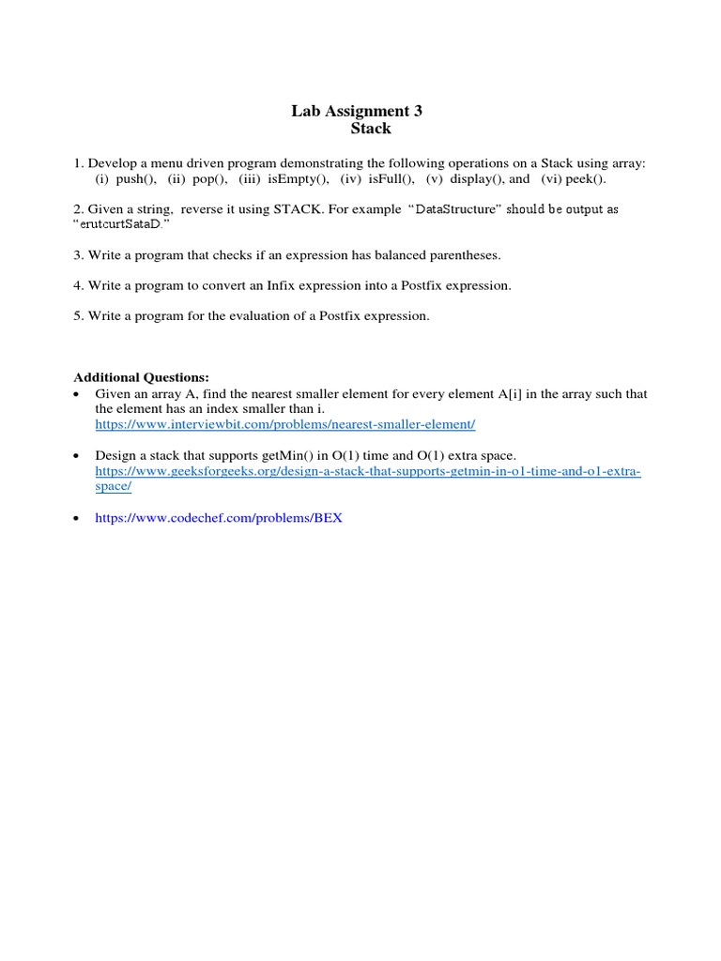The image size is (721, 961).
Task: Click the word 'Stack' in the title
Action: click(371, 129)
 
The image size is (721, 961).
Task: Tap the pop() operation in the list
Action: click(208, 178)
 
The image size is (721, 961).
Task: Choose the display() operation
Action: click(476, 178)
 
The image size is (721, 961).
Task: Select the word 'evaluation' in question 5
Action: click(253, 316)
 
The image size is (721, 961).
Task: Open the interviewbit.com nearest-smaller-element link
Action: click(285, 424)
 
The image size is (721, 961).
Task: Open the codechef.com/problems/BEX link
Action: click(219, 517)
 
